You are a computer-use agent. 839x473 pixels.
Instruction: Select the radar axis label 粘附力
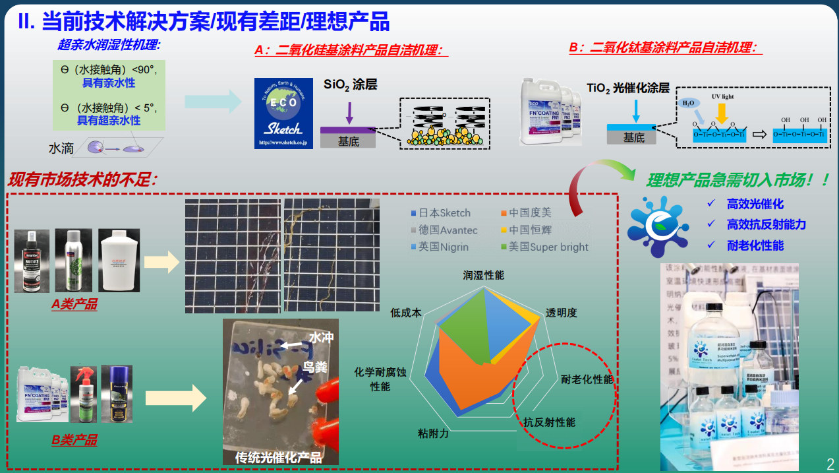coord(433,433)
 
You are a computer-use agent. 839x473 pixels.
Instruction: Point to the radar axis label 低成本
coord(405,313)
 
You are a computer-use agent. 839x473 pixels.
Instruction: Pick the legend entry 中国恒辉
coord(530,230)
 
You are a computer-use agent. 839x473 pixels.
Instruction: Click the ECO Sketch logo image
coord(283,113)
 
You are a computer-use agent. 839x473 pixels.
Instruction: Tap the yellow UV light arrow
coord(722,114)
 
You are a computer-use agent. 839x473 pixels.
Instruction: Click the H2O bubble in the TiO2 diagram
coord(687,103)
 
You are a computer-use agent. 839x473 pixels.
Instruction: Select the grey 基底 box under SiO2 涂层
coord(348,141)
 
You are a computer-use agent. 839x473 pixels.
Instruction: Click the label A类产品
coord(74,304)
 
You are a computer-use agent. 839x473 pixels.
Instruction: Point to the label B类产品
coord(74,440)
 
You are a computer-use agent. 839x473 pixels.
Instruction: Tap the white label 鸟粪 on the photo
coord(316,367)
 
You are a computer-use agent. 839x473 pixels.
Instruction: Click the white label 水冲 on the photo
coord(322,338)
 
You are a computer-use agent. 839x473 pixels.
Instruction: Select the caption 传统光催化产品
coord(279,457)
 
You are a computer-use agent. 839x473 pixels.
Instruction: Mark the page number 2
coord(830,462)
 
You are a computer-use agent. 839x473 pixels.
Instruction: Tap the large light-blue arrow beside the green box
coord(212,101)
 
